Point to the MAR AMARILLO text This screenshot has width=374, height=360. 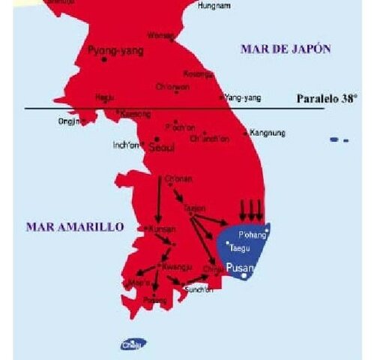click(x=74, y=226)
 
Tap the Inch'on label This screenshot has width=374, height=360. click(x=126, y=145)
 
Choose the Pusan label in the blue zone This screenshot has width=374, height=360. click(x=241, y=268)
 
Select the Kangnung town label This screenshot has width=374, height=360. click(x=267, y=133)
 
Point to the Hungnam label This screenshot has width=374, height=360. click(x=214, y=5)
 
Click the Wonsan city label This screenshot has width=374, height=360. click(x=161, y=35)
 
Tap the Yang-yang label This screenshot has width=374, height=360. click(x=241, y=97)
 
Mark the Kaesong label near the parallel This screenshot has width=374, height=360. click(x=136, y=114)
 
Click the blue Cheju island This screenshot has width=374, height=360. click(x=133, y=344)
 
